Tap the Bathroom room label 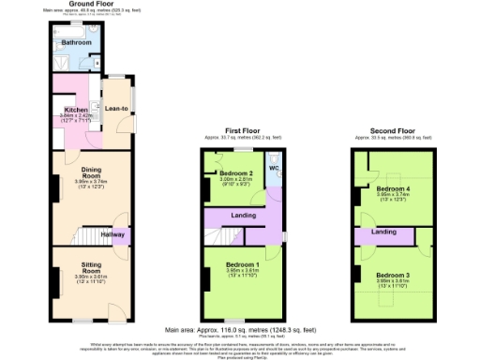point(77,43)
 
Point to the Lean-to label point(117,108)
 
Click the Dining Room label point(89,173)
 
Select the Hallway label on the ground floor point(113,234)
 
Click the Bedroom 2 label point(237,174)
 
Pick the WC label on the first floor point(273,169)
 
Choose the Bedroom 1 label point(243,265)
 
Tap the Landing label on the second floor point(382,231)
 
